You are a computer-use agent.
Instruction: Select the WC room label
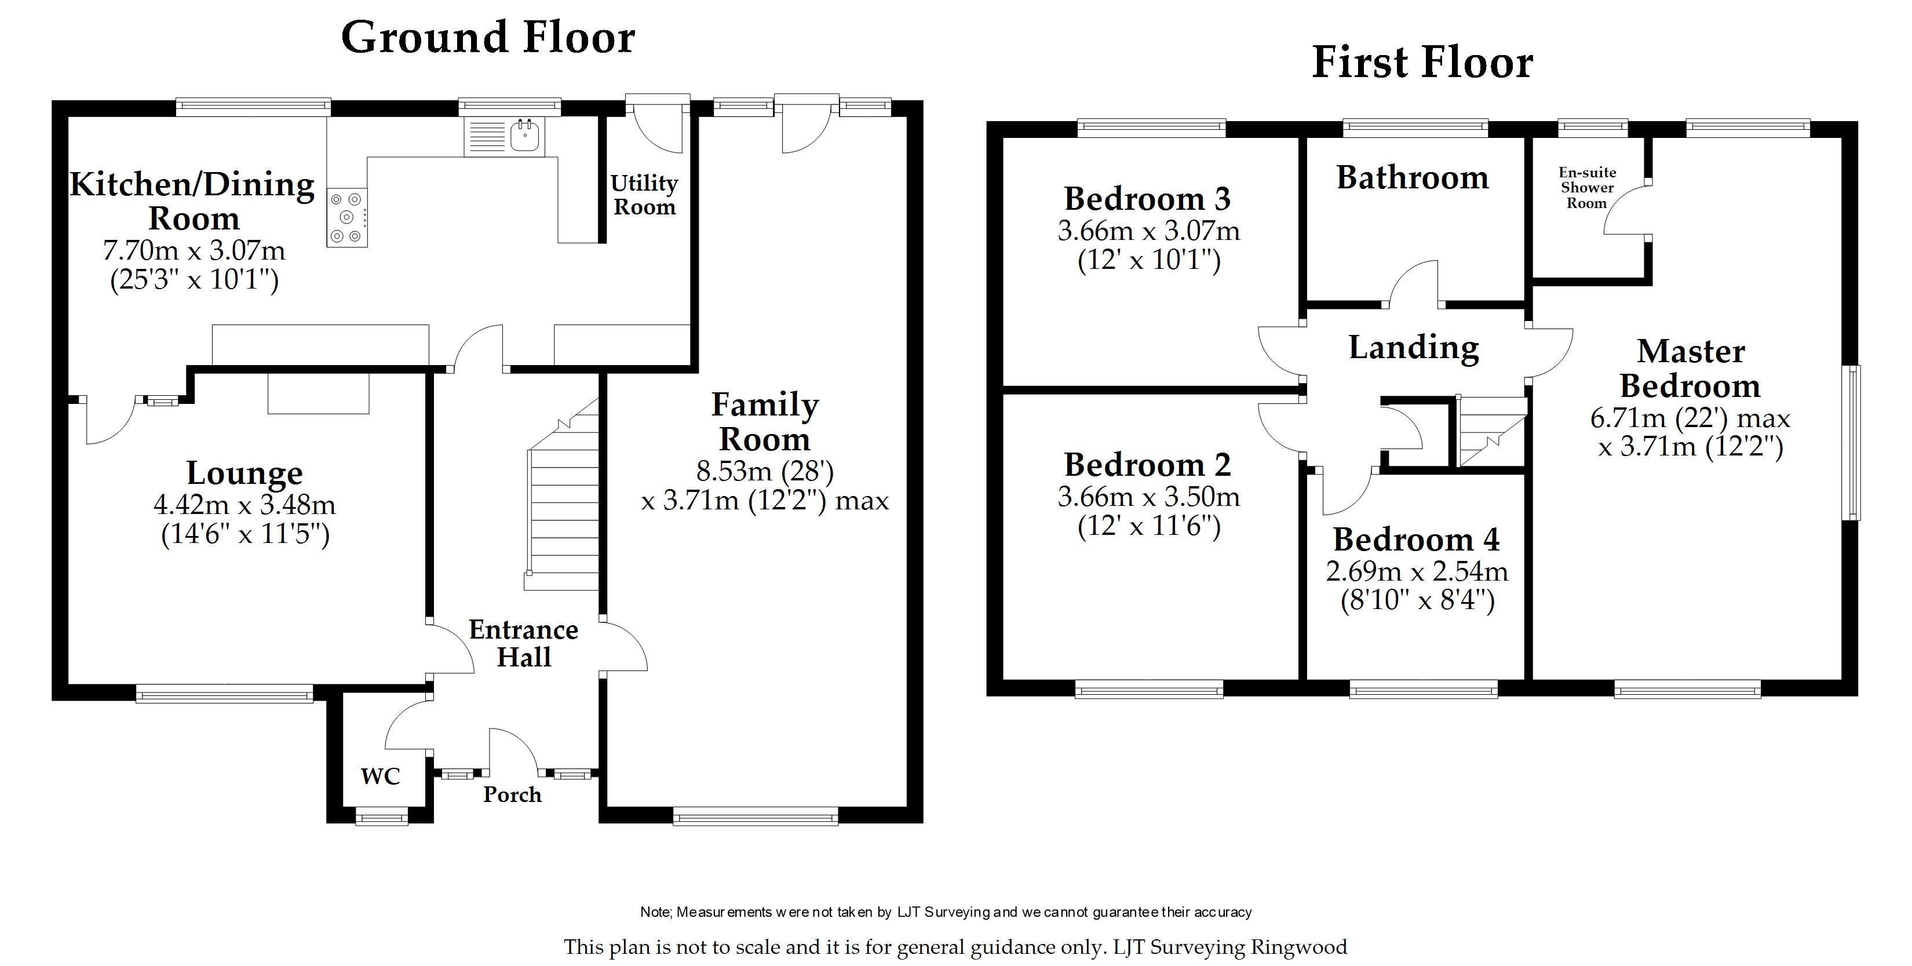tap(381, 777)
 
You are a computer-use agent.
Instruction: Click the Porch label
tap(512, 794)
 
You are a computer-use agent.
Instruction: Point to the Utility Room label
tap(644, 195)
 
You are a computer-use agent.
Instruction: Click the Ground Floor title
tap(488, 37)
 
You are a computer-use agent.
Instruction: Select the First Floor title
tap(1422, 63)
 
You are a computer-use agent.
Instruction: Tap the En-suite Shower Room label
tap(1587, 188)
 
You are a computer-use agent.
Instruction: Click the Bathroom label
tap(1413, 178)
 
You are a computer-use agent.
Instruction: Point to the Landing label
tap(1413, 348)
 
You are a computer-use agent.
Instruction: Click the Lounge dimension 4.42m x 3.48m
tap(245, 505)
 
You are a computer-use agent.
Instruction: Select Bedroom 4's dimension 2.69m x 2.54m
tap(1417, 571)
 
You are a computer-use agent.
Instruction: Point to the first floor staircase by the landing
tap(1492, 432)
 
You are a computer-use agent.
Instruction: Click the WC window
tap(381, 818)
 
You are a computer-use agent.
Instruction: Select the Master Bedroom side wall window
tap(1853, 443)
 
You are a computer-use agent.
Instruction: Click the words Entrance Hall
tap(523, 643)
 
